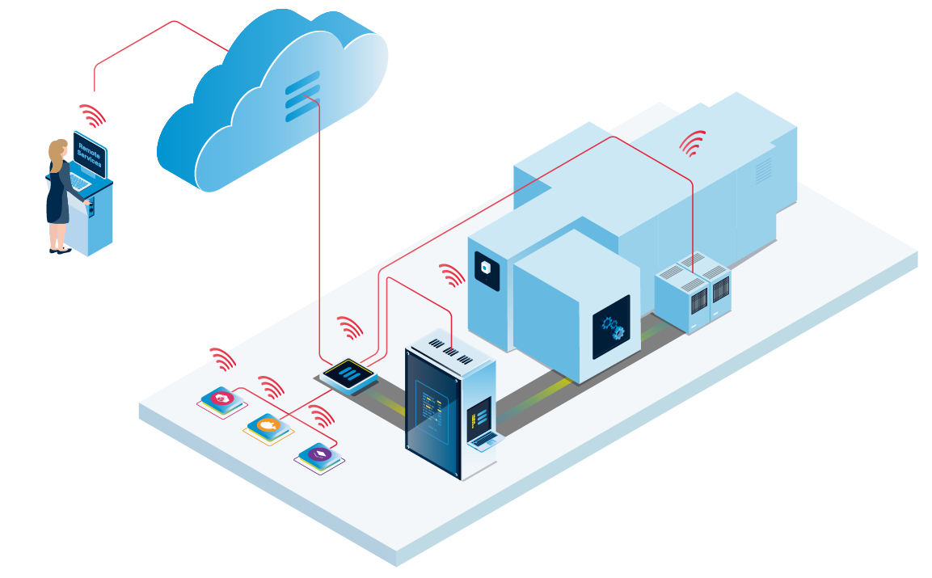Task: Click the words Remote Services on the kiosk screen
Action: (89, 154)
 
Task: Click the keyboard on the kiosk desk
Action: (79, 183)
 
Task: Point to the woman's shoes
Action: (57, 250)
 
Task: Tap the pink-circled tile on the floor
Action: (221, 399)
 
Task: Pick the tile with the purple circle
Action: (319, 456)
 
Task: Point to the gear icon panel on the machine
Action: (612, 327)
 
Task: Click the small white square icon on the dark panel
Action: (487, 268)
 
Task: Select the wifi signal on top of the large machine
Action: (692, 144)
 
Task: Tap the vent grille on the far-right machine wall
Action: (763, 170)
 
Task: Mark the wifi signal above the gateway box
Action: (350, 327)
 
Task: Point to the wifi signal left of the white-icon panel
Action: (451, 275)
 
